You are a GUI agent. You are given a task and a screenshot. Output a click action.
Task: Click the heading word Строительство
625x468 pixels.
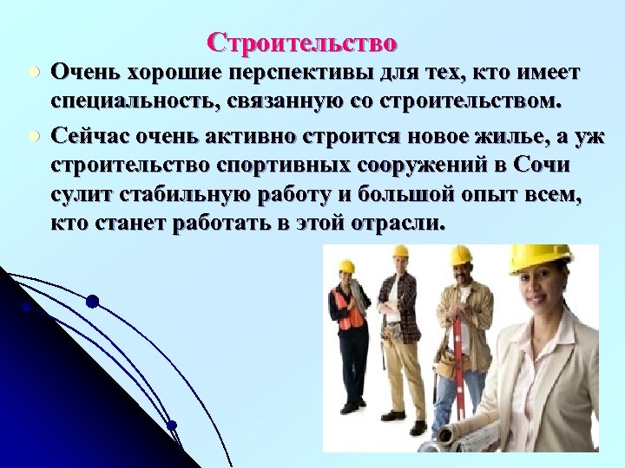[x=303, y=42]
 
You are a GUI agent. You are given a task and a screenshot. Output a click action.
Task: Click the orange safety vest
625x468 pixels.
[x=349, y=310]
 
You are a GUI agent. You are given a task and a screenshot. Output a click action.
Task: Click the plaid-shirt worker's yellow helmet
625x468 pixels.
[x=399, y=252]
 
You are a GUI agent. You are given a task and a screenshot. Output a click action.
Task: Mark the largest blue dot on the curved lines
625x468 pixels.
[x=92, y=302]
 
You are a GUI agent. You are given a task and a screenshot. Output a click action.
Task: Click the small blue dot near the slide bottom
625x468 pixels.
[x=172, y=425]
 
